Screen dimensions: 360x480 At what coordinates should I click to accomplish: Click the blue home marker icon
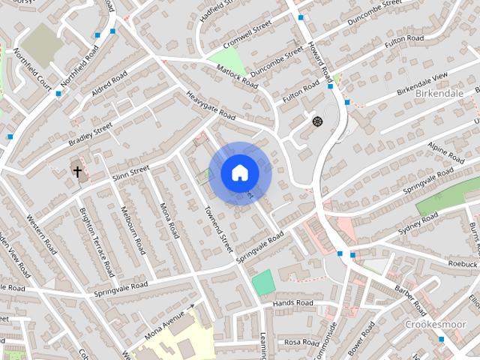point(239,172)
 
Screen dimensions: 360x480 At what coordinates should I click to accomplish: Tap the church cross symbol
point(76,172)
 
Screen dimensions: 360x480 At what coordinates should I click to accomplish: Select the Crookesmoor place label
point(436,324)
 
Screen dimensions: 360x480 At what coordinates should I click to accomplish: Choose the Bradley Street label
point(90,133)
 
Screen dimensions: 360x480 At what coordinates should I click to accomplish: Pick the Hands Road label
point(292,303)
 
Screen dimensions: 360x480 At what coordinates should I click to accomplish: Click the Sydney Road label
point(418,223)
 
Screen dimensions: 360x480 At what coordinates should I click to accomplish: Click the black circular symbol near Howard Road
point(316,121)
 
